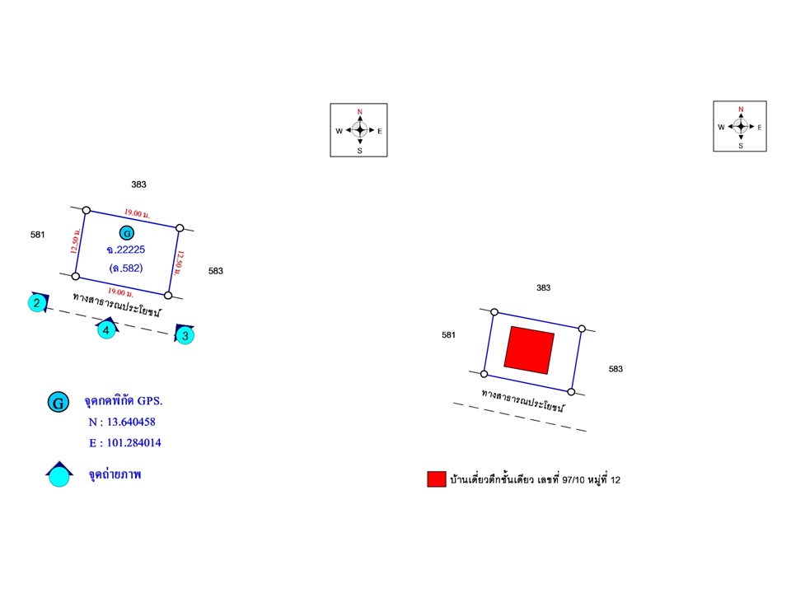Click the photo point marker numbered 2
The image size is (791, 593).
(37, 302)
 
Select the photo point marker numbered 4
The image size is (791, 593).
(106, 329)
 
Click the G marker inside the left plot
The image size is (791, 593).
(127, 233)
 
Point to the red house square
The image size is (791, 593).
(529, 350)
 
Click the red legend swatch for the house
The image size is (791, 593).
(437, 479)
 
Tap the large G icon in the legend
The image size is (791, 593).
(58, 403)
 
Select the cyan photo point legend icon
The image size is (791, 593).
(59, 474)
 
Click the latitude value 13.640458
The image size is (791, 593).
(131, 422)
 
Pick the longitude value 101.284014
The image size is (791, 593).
(134, 443)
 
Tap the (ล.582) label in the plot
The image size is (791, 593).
(126, 268)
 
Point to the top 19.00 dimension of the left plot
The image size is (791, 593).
(137, 214)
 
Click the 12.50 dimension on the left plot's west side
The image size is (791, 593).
(75, 241)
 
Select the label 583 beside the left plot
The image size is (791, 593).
(215, 271)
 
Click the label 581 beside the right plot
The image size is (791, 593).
(448, 335)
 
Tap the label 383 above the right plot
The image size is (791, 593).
(543, 287)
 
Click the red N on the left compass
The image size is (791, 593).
(360, 112)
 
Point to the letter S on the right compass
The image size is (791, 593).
(741, 146)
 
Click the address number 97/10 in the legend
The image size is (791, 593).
(573, 479)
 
